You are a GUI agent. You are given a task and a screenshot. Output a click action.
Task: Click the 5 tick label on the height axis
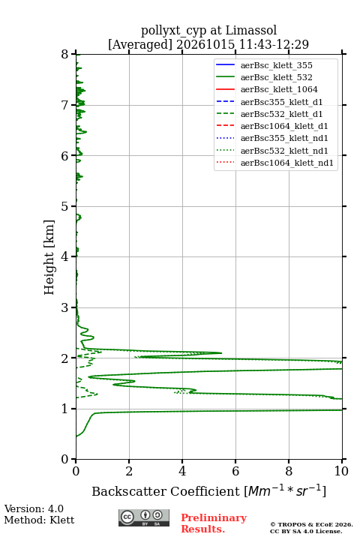point(65,206)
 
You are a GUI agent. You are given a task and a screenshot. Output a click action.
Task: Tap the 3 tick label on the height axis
point(65,307)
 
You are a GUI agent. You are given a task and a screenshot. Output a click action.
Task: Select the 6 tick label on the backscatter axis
point(235,471)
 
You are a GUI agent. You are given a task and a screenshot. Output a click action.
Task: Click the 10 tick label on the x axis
point(342,471)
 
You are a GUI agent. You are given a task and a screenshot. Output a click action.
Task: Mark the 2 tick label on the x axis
point(129,471)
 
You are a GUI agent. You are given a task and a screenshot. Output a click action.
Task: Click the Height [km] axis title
point(49,257)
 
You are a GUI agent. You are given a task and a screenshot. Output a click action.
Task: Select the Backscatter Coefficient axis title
point(208,490)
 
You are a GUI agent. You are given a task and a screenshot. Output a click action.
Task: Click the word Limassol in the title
point(251,30)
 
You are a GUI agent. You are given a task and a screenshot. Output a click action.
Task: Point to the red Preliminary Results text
point(214,523)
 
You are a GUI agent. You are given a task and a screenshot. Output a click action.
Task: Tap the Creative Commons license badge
point(144,517)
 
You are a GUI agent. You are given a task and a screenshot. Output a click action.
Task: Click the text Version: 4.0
point(34,508)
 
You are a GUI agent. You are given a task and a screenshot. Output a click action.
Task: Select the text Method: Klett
point(39,520)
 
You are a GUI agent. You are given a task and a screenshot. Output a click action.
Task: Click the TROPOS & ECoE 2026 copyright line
point(311,524)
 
